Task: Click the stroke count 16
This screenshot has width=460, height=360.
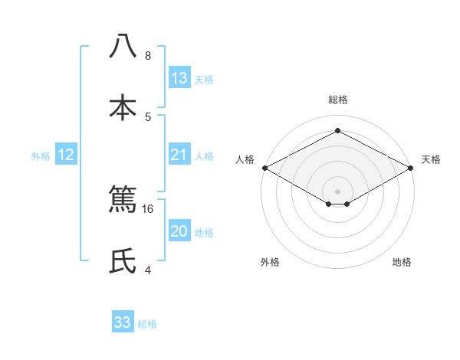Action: [148, 208]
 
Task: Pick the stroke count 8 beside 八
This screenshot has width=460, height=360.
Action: [148, 56]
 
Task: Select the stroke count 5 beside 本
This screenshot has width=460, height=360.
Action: [148, 116]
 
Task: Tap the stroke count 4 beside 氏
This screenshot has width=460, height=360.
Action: [148, 270]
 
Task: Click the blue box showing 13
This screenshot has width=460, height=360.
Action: [179, 78]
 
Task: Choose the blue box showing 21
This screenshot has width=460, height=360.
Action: [179, 155]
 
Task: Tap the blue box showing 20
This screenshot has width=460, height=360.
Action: [179, 232]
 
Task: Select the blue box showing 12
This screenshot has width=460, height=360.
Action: [66, 155]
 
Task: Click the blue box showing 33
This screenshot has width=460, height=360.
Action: [123, 322]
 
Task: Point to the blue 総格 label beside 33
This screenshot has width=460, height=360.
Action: [147, 324]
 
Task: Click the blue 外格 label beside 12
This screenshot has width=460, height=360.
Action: [41, 156]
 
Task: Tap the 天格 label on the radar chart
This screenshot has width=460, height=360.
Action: [431, 159]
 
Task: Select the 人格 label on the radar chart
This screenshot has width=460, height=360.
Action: [245, 159]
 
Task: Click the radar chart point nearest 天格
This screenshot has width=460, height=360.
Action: [412, 168]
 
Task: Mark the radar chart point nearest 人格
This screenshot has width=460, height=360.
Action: [264, 168]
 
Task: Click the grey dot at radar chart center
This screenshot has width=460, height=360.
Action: [337, 191]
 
